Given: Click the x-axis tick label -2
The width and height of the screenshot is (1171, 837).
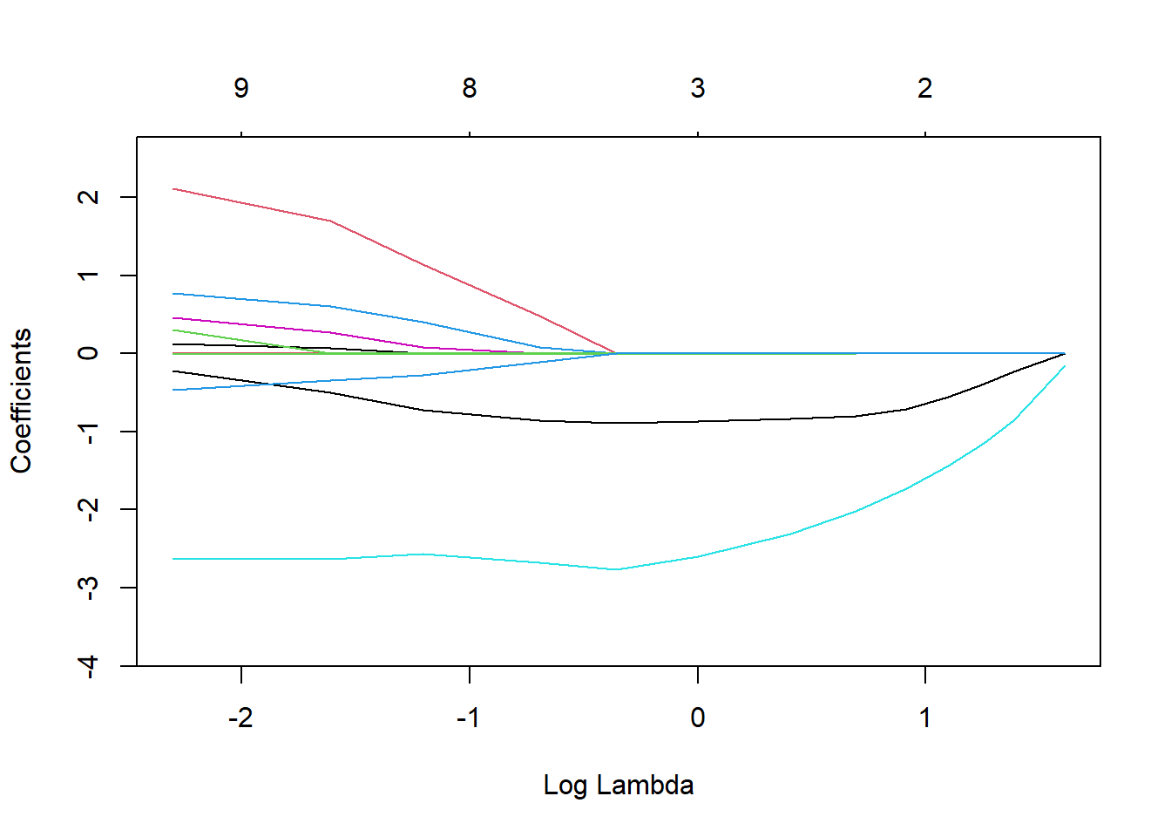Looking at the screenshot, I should click(x=240, y=718).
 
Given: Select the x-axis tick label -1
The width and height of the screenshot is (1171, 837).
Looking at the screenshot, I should click(x=469, y=718).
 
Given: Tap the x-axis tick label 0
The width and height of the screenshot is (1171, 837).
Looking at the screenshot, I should click(x=697, y=718).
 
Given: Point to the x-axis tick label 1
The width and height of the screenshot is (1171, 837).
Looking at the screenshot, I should click(x=924, y=718).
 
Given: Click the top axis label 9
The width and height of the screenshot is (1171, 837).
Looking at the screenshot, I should click(x=241, y=88).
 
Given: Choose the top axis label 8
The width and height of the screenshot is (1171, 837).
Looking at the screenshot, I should click(x=470, y=88).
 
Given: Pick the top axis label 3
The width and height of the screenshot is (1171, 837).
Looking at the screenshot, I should click(x=698, y=88).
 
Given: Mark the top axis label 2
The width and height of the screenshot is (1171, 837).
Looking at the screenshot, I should click(x=924, y=88).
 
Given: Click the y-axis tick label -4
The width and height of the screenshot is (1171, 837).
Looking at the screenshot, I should click(x=87, y=666).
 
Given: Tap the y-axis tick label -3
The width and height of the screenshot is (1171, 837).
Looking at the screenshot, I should click(x=87, y=588).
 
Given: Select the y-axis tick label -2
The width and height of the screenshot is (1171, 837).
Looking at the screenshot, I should click(x=87, y=509).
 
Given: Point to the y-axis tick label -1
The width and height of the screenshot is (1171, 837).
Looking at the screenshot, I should click(x=87, y=432).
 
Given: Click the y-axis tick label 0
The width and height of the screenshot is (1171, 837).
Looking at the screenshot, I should click(x=87, y=353).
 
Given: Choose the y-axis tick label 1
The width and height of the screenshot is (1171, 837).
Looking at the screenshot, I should click(x=87, y=276).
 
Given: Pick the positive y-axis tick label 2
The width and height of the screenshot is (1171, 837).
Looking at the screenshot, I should click(x=87, y=197).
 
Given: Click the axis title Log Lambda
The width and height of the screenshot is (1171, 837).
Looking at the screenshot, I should click(x=619, y=785).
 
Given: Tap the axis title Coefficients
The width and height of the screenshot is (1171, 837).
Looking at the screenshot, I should click(x=21, y=401).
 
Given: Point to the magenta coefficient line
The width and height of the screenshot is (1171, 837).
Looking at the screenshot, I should click(x=261, y=325).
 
